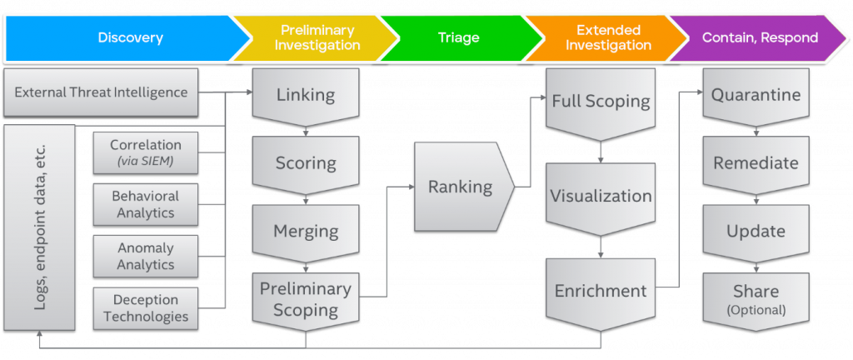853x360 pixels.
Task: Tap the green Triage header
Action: [458, 37]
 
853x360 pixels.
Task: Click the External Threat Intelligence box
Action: [101, 92]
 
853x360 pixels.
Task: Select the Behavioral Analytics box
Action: [145, 203]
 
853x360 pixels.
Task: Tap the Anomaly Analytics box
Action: [145, 256]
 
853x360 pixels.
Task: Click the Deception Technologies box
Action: [145, 307]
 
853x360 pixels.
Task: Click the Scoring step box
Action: [307, 162]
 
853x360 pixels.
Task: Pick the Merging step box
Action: [307, 231]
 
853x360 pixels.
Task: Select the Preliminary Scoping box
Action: [307, 299]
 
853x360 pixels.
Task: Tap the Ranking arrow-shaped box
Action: [459, 187]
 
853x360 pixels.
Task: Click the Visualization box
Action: [600, 197]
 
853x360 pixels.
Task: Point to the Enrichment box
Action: [600, 291]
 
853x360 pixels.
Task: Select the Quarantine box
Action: [755, 95]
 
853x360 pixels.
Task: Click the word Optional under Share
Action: [755, 310]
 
